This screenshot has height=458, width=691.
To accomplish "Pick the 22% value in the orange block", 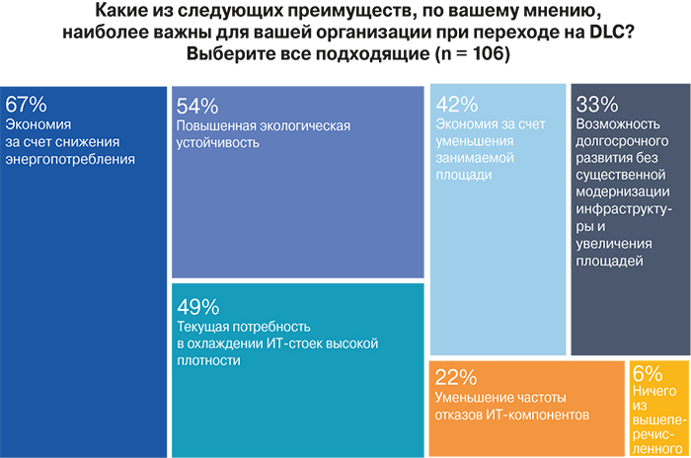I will [x=455, y=378].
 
